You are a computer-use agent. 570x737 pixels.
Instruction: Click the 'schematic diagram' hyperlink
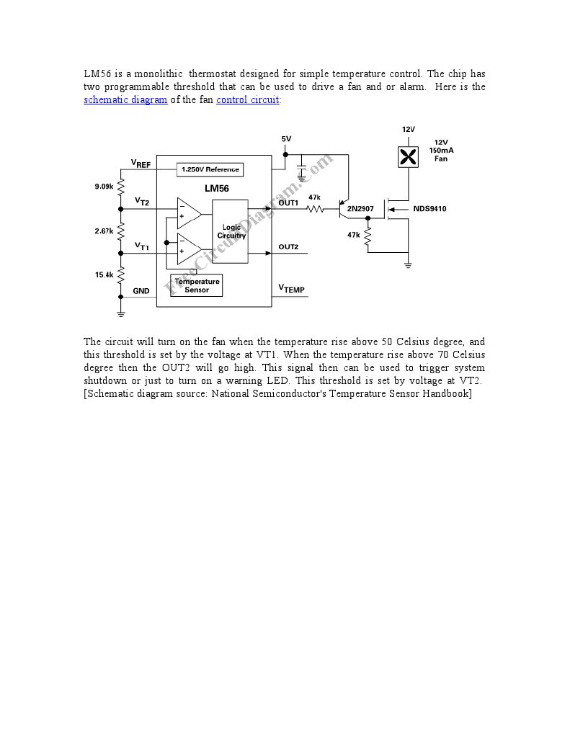click(125, 100)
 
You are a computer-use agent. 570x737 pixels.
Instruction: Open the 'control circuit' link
click(247, 100)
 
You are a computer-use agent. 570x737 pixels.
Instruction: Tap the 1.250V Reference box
click(210, 169)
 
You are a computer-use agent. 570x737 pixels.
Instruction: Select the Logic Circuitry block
click(231, 231)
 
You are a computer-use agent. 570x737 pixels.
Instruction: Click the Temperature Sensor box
click(196, 285)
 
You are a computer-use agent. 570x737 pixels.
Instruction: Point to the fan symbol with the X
click(409, 156)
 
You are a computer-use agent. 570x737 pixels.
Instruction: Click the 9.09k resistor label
click(104, 187)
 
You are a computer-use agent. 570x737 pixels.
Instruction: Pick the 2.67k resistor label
click(104, 231)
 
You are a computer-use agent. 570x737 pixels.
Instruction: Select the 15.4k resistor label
click(104, 274)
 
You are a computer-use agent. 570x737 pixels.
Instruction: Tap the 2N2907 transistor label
click(360, 209)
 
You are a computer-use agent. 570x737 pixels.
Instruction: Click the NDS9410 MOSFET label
click(429, 209)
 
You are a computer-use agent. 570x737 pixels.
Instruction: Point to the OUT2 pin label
click(288, 247)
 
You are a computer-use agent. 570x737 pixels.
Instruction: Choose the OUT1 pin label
click(288, 203)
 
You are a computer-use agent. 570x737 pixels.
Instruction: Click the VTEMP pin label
click(291, 289)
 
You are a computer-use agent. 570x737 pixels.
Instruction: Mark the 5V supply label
click(286, 138)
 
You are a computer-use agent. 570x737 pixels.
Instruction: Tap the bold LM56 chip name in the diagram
click(217, 189)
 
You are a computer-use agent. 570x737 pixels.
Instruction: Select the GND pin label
click(141, 291)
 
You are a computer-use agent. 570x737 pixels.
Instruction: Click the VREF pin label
click(141, 164)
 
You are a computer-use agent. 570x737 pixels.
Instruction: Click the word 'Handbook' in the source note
click(447, 394)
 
